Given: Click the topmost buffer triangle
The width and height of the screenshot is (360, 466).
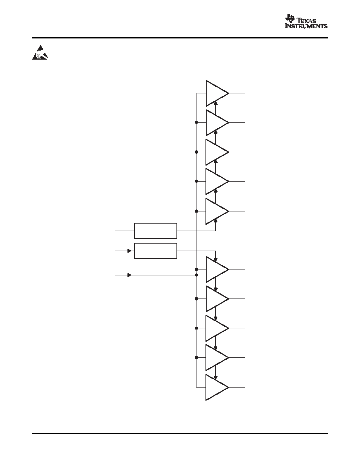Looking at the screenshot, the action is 217,93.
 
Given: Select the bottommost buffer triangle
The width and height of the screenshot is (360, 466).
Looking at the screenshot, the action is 217,388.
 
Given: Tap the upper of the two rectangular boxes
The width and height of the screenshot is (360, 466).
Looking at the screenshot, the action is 156,231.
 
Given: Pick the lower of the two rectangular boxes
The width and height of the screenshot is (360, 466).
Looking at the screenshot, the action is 156,251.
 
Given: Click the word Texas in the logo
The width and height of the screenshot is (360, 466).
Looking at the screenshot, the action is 307,20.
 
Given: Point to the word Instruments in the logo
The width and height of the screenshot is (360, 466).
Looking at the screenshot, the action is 306,26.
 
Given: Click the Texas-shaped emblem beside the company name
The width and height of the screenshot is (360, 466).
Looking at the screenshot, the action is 290,18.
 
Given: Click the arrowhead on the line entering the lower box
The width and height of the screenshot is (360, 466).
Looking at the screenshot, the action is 129,251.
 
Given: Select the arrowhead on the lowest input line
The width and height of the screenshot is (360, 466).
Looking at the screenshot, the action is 129,275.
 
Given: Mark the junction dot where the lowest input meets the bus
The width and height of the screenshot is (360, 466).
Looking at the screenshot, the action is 196,275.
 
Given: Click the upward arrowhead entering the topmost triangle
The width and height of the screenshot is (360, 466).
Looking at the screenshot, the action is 216,103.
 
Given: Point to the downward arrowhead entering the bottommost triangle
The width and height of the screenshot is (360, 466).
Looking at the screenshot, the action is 216,378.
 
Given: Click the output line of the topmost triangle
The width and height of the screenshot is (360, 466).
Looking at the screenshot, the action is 237,93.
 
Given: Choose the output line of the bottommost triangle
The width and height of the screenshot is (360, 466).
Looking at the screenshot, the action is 237,388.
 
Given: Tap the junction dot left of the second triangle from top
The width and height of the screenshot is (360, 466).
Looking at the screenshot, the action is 196,122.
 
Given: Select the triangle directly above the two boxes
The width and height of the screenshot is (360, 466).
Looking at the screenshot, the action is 217,211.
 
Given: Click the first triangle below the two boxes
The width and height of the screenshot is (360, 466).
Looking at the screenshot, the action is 217,269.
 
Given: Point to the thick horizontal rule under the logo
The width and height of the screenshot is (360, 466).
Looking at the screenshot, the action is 180,38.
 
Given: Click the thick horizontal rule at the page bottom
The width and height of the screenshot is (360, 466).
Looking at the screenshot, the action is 180,433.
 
